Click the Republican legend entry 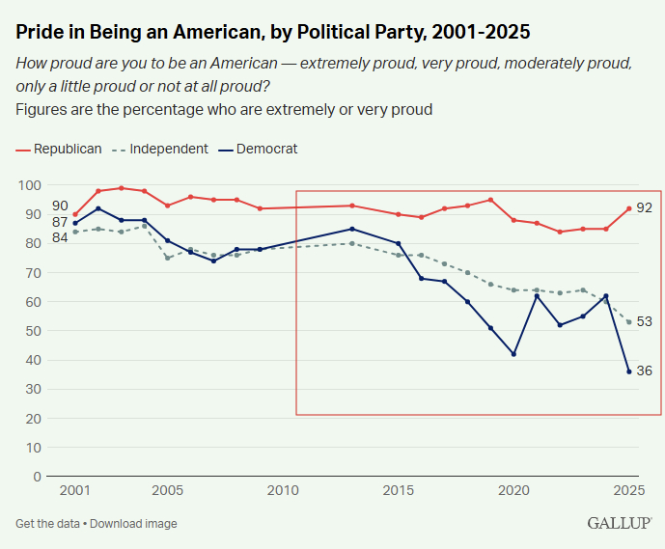tap(66, 149)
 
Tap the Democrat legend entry tap(265, 149)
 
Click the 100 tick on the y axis tap(29, 185)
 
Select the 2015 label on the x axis tap(400, 491)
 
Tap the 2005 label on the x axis tap(168, 491)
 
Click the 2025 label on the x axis tap(629, 491)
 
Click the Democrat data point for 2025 tap(629, 371)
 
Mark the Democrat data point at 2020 tap(513, 354)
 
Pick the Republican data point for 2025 tap(629, 208)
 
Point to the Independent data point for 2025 tap(629, 322)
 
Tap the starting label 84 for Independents tap(60, 237)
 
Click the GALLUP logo tap(618, 523)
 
